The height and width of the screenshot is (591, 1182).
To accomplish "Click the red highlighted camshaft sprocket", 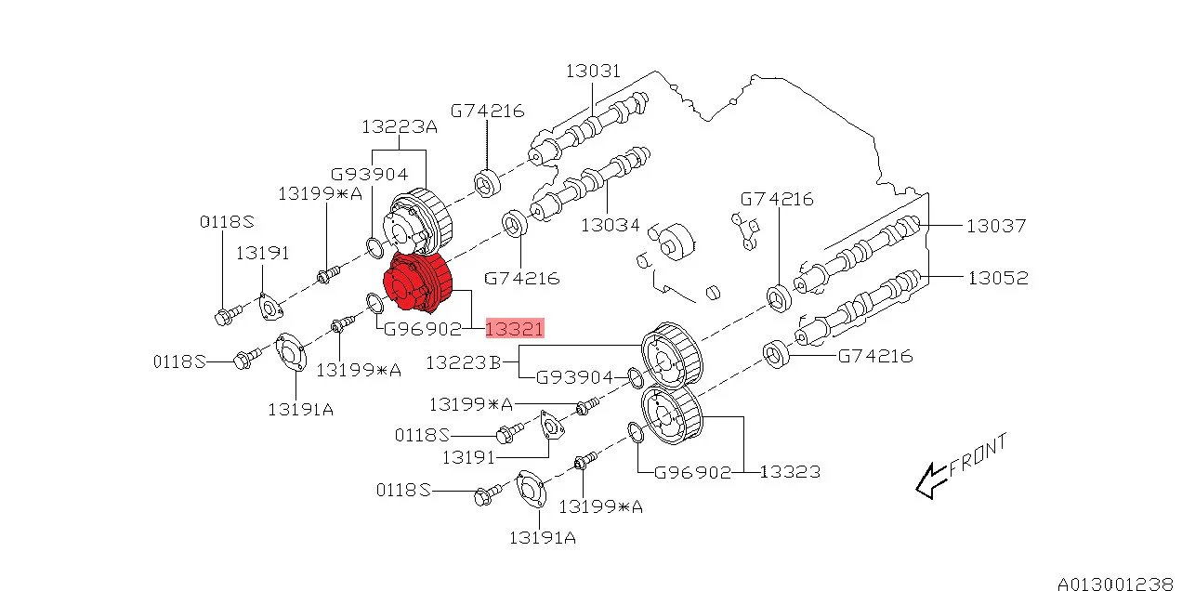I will click(x=417, y=284).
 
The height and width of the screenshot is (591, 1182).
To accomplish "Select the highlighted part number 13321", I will click(x=514, y=328).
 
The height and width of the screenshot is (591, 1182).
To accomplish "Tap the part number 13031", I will click(x=593, y=72).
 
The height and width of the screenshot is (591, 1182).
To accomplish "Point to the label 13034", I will click(x=610, y=225).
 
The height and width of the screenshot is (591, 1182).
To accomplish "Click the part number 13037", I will click(x=996, y=225).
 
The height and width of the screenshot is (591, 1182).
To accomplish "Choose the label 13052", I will click(x=996, y=277).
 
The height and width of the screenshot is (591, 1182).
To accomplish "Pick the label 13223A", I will click(x=399, y=127).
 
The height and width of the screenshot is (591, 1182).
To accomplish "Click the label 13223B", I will click(x=462, y=362).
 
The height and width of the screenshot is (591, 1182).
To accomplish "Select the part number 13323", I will click(x=790, y=472).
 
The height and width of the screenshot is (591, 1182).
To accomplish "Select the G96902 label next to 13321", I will click(x=423, y=328).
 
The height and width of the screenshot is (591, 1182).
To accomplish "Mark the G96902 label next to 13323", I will click(x=692, y=472).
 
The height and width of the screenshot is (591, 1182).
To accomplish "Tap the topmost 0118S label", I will click(x=227, y=222).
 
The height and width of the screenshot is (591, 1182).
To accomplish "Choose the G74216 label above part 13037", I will click(x=777, y=199).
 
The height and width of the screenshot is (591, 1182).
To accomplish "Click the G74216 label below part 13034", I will click(x=522, y=277).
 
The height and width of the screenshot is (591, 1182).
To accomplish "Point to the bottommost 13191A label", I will click(x=543, y=537).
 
